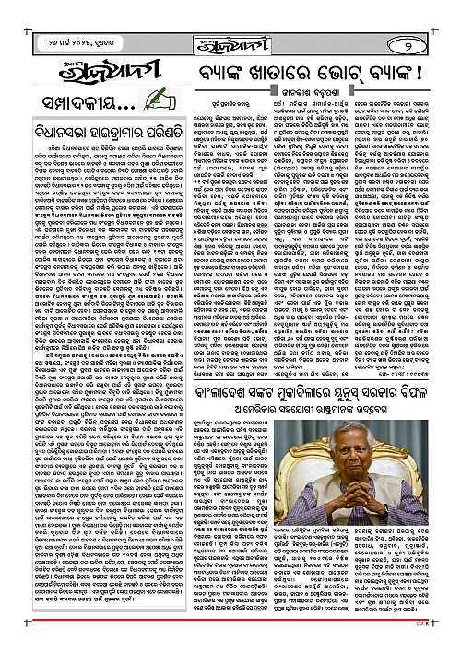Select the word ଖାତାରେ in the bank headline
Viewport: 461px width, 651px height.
(x=294, y=76)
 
